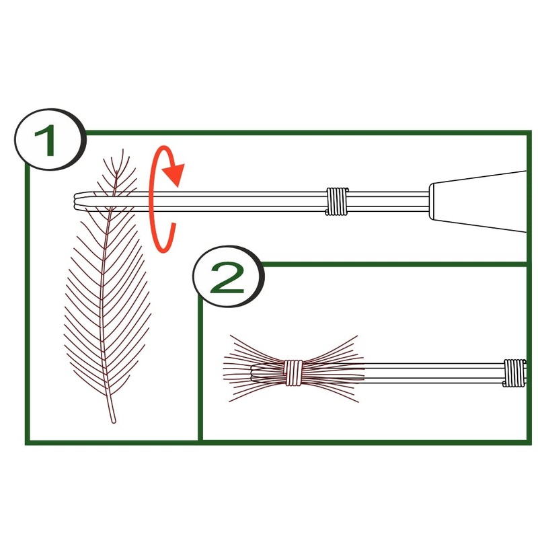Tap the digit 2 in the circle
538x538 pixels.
(227, 278)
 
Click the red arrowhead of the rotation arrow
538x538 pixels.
(174, 174)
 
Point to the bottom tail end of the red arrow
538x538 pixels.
(174, 225)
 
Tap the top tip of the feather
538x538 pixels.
(123, 150)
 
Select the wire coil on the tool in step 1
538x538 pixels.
(337, 201)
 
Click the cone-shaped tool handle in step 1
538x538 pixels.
(477, 201)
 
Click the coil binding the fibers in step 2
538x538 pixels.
(293, 373)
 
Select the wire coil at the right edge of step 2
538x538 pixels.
(514, 373)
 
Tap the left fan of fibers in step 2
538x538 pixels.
(254, 369)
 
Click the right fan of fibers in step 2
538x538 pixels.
(332, 369)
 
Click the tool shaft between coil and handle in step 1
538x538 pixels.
(388, 201)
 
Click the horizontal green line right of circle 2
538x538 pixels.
(395, 264)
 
